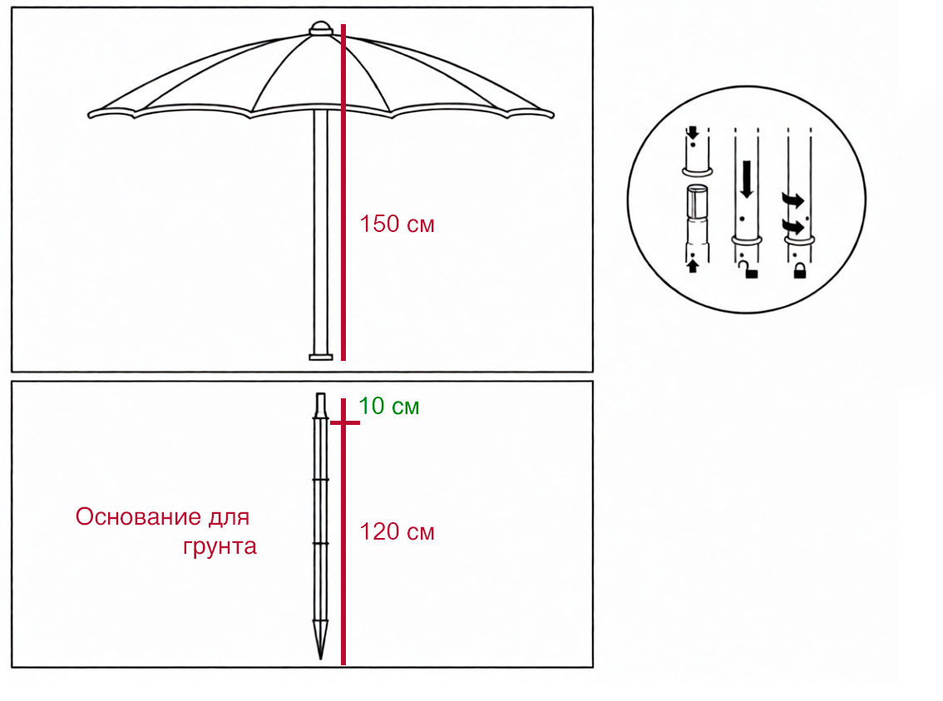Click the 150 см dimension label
(397, 224)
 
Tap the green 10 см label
(388, 407)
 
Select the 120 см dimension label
(397, 532)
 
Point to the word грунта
(220, 547)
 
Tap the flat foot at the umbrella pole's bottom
(320, 358)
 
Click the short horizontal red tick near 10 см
(344, 422)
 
